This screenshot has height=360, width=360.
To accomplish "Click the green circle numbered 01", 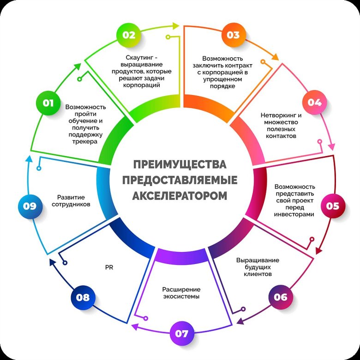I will pos(48,103).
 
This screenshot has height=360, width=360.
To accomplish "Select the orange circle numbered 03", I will pos(234,35).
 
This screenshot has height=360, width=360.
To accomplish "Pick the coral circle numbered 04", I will pos(314,102).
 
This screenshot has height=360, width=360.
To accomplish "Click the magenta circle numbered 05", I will pos(332,206).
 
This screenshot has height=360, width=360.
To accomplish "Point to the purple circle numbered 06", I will pos(280,297).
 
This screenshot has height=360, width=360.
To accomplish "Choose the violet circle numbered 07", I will pos(181,333).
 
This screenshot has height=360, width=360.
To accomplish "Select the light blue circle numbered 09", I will pos(30,206).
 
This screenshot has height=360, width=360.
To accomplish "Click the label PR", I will pos(109,266).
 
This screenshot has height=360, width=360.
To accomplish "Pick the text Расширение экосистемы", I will pos(181,293).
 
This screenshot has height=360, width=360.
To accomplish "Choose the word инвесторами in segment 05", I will pos(294,214).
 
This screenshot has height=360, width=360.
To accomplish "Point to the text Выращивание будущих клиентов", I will pos(258,267).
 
